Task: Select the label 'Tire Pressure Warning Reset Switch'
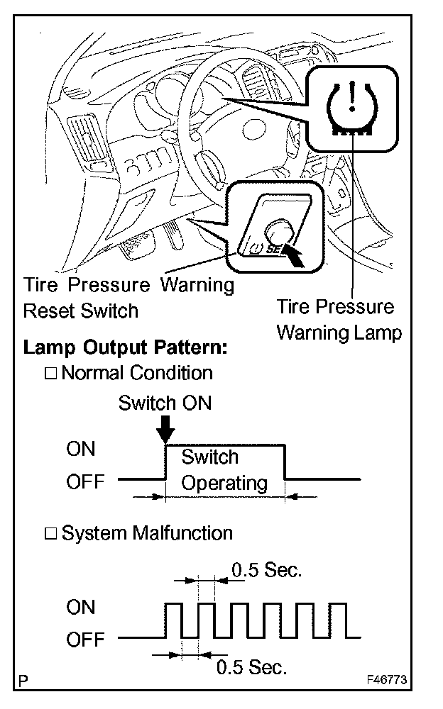tap(128, 298)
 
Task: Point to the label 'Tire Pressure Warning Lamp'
tap(337, 319)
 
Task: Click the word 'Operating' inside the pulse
tap(224, 484)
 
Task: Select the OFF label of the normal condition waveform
tap(85, 482)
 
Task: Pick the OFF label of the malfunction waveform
tap(85, 640)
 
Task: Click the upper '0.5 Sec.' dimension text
tap(266, 570)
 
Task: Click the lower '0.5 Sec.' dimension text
tap(251, 666)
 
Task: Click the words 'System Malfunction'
tap(147, 532)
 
